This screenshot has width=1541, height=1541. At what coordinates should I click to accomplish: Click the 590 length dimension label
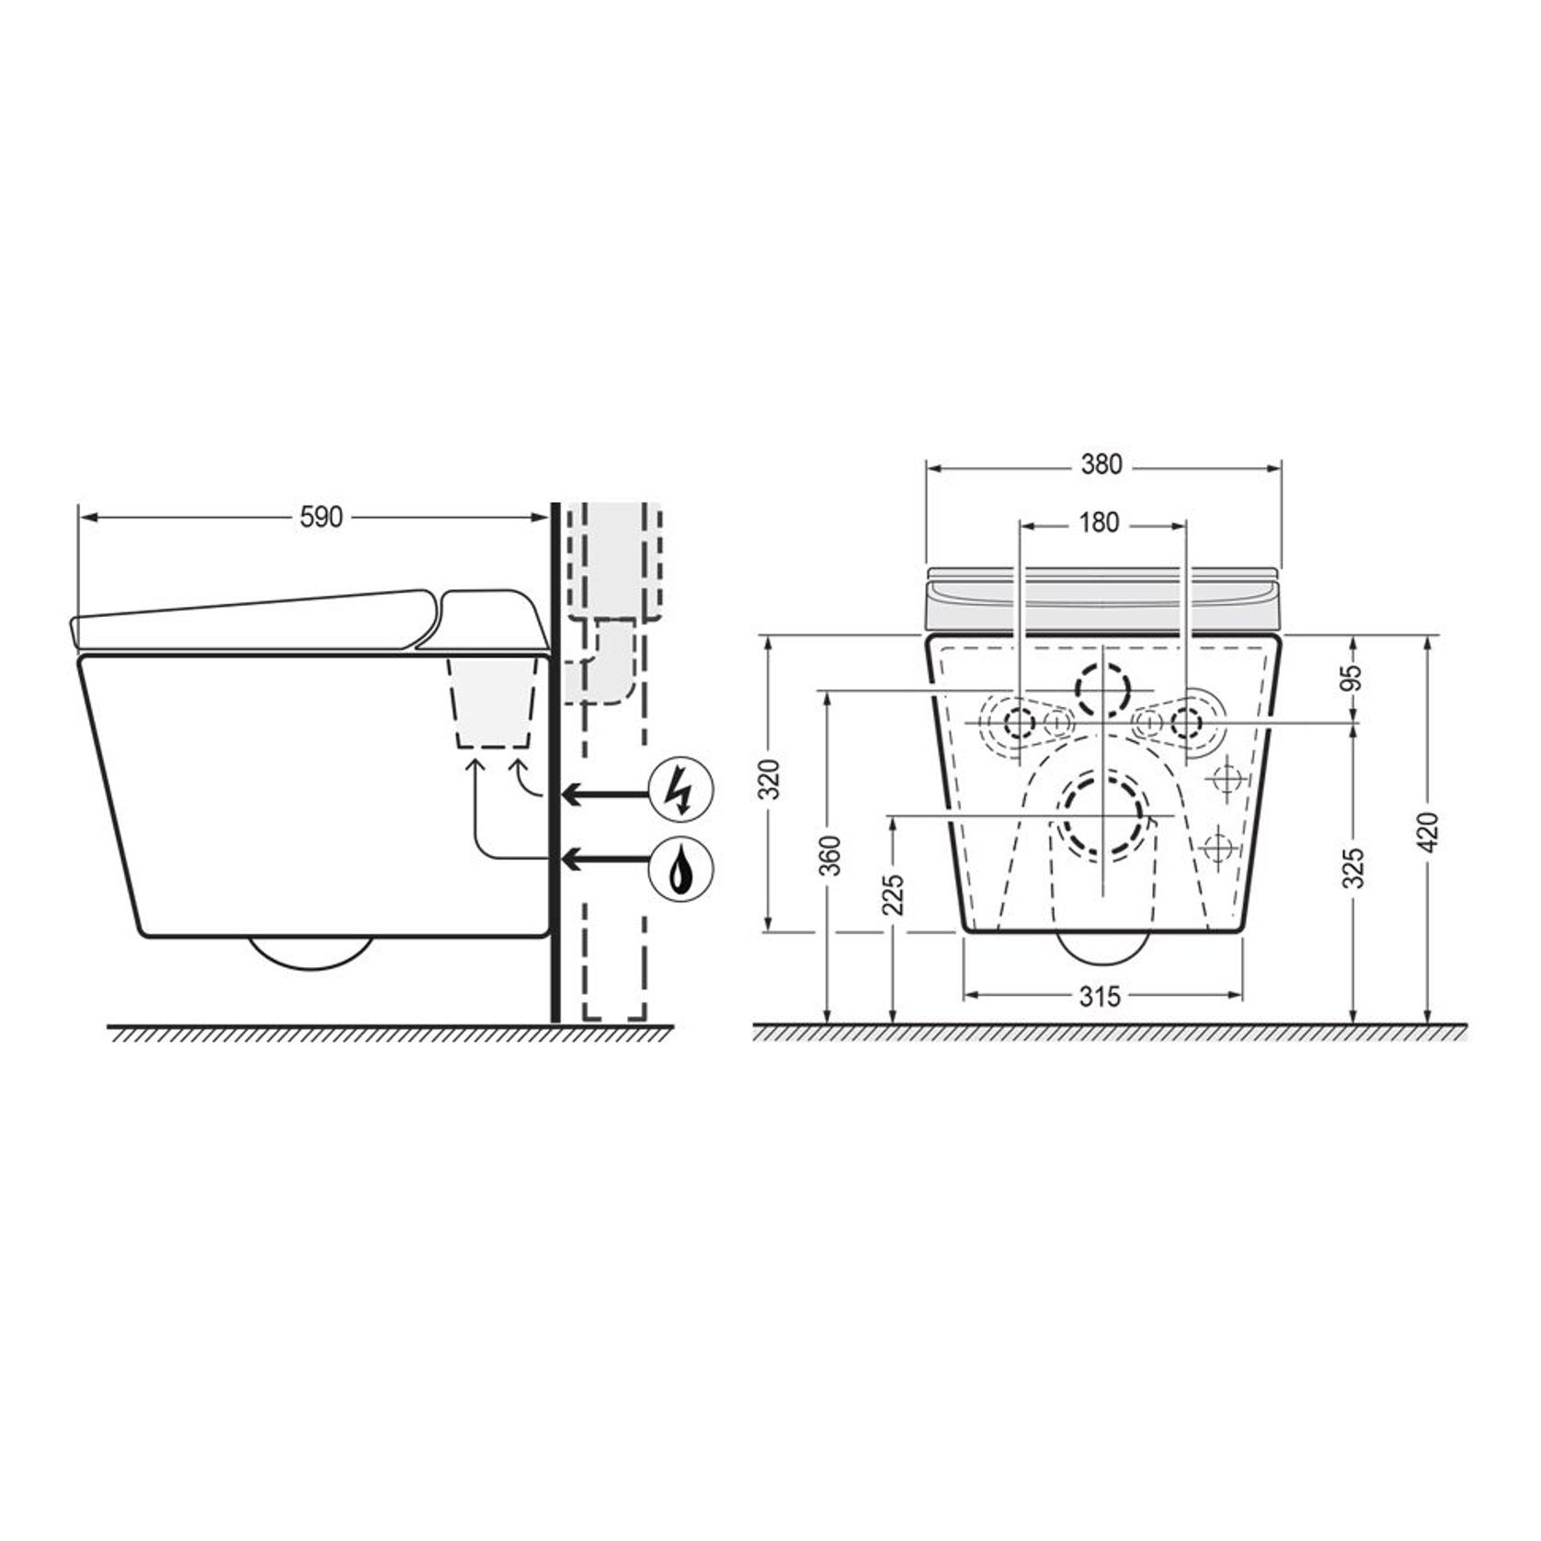(321, 518)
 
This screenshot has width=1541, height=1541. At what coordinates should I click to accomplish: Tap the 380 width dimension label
(1102, 465)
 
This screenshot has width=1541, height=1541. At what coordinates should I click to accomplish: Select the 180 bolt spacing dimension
(1099, 523)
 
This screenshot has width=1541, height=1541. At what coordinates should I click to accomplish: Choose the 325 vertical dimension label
(1353, 869)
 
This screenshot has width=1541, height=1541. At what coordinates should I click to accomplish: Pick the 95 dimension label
(1353, 678)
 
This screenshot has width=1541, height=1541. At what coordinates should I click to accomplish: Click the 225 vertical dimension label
(894, 894)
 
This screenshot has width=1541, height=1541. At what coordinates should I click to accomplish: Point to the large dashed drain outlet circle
(1103, 816)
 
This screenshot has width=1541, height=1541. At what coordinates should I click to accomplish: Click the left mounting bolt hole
(1019, 724)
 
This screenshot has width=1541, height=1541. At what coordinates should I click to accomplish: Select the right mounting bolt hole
(1186, 724)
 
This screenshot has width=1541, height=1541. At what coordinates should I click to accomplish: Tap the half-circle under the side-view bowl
(312, 953)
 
